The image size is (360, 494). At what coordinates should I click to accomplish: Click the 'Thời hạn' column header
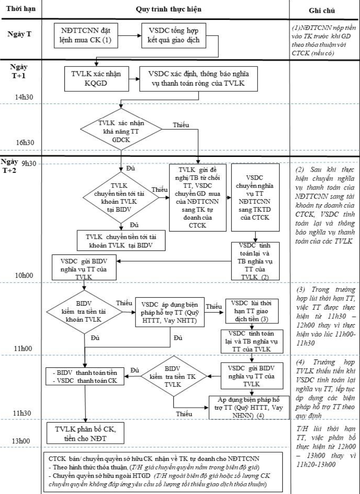pyautogui.click(x=20, y=8)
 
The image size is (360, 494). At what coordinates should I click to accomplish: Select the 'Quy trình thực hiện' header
pyautogui.click(x=164, y=8)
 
